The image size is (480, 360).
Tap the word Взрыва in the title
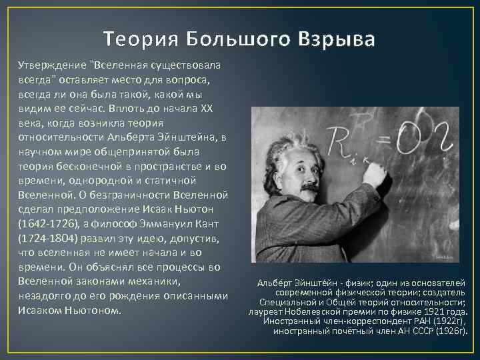(x=333, y=39)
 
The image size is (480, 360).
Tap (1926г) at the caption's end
(x=450, y=331)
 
